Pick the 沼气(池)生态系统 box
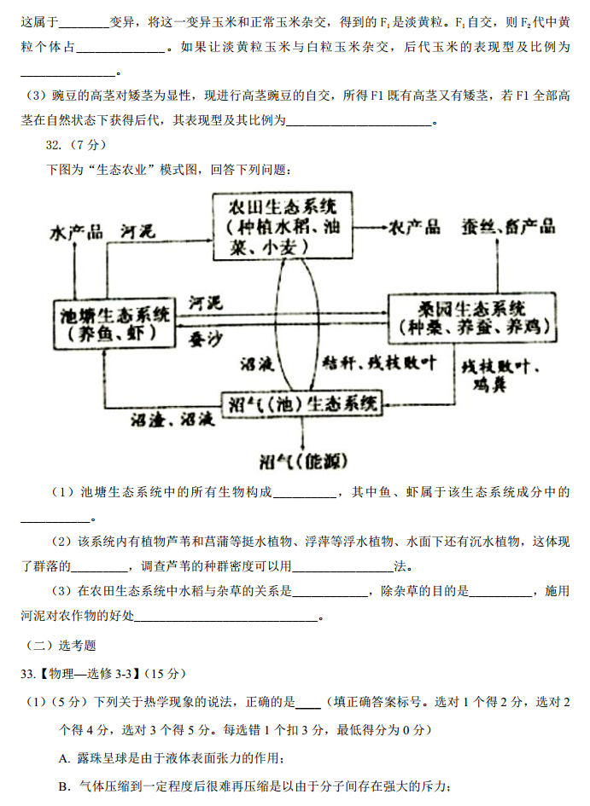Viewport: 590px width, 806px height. point(302,403)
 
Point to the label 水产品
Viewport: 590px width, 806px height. point(77,232)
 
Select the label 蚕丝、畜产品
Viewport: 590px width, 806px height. point(508,226)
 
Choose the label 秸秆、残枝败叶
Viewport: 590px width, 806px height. point(378,363)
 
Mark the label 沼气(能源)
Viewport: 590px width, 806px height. point(304,461)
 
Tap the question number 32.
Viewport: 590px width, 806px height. point(55,144)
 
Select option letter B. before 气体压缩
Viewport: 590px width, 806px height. point(64,786)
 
